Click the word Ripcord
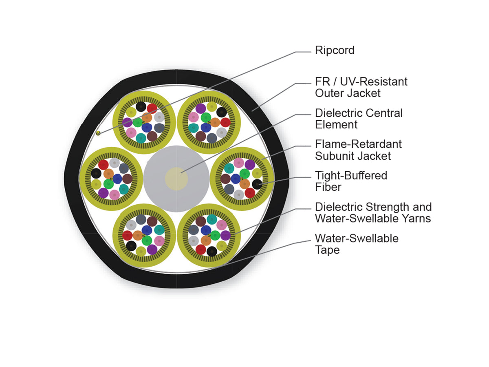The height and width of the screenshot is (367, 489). coord(335,50)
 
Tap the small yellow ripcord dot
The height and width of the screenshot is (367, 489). coord(98,133)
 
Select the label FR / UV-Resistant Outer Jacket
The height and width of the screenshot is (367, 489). coord(361,87)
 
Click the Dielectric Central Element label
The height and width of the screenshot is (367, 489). coord(359,119)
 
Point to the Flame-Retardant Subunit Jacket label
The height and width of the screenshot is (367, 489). coord(358,150)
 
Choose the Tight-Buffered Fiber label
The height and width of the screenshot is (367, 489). coord(351,181)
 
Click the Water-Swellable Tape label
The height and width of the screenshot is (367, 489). coord(357,244)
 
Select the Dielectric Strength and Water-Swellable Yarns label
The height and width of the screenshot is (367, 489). coord(373,212)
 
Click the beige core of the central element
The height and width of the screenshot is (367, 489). coord(176,179)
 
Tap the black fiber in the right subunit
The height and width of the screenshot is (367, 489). coord(257,184)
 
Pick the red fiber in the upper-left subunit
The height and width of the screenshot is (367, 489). coord(152,108)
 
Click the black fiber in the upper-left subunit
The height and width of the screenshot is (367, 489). coord(141,107)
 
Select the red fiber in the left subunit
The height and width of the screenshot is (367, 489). coord(104,165)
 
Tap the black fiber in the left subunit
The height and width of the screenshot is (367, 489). coord(96,173)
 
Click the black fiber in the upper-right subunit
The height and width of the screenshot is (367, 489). coord(221,112)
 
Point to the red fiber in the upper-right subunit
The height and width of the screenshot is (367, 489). coord(225,122)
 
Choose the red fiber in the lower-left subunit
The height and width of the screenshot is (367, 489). coord(128,236)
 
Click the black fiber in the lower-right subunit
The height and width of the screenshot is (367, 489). coord(212,252)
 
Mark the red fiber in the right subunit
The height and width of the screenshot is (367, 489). coord(250,193)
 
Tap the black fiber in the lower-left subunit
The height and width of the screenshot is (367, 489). coord(131,246)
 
